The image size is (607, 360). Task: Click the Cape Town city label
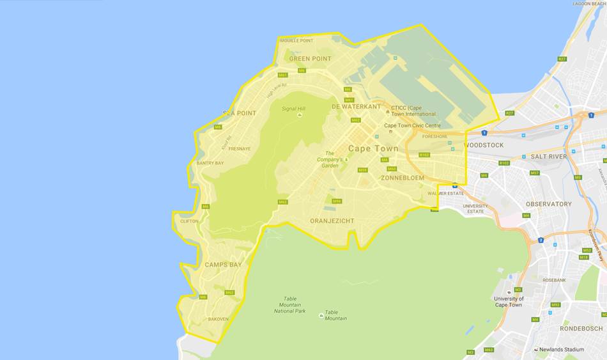pyautogui.click(x=373, y=148)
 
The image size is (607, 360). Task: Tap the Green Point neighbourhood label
pyautogui.click(x=310, y=59)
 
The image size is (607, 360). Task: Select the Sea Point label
pyautogui.click(x=240, y=113)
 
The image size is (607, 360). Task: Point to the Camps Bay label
pyautogui.click(x=223, y=264)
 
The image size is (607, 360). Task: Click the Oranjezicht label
pyautogui.click(x=332, y=221)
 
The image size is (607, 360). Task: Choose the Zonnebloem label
pyautogui.click(x=403, y=178)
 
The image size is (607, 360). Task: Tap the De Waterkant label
pyautogui.click(x=356, y=107)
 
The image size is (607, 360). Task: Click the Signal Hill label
pyautogui.click(x=294, y=109)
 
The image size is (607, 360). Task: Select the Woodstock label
pyautogui.click(x=484, y=145)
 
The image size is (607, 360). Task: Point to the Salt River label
pyautogui.click(x=548, y=157)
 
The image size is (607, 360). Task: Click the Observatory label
pyautogui.click(x=549, y=204)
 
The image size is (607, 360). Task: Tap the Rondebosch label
pyautogui.click(x=581, y=329)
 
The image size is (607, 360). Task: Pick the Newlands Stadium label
pyautogui.click(x=561, y=350)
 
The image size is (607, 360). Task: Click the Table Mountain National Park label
pyautogui.click(x=290, y=304)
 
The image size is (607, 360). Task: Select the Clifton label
pyautogui.click(x=189, y=221)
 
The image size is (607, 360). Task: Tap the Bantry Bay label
pyautogui.click(x=210, y=163)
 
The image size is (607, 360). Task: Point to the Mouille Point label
pyautogui.click(x=296, y=40)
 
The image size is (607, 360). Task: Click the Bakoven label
pyautogui.click(x=218, y=319)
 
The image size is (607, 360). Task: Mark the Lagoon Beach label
pyautogui.click(x=589, y=4)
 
